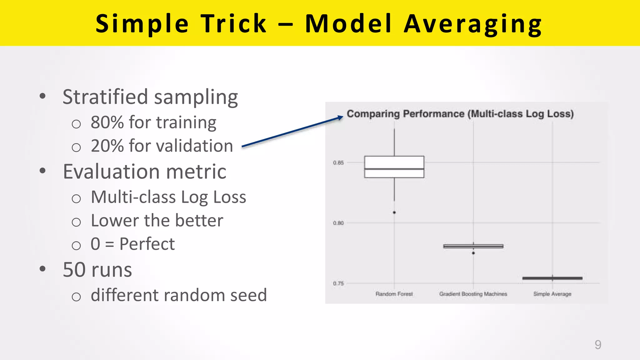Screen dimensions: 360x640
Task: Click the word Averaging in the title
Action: click(472, 24)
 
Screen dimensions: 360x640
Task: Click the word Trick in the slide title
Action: click(234, 24)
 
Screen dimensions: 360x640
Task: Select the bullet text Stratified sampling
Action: click(150, 97)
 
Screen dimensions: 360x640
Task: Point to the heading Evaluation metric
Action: click(144, 172)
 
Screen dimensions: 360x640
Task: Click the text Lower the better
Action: click(157, 221)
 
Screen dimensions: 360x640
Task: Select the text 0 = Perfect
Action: click(132, 244)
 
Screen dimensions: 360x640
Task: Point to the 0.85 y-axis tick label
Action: click(338, 163)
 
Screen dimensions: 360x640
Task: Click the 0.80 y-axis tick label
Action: click(338, 223)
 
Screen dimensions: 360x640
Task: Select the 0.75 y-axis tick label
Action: click(338, 283)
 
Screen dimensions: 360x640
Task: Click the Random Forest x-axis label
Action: click(394, 294)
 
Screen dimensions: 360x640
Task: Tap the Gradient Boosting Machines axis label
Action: click(473, 294)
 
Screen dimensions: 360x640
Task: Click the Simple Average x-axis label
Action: click(552, 294)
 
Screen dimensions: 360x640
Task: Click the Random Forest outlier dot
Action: click(394, 212)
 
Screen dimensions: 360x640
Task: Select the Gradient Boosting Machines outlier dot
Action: click(473, 253)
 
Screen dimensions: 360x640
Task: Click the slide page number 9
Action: click(598, 345)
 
